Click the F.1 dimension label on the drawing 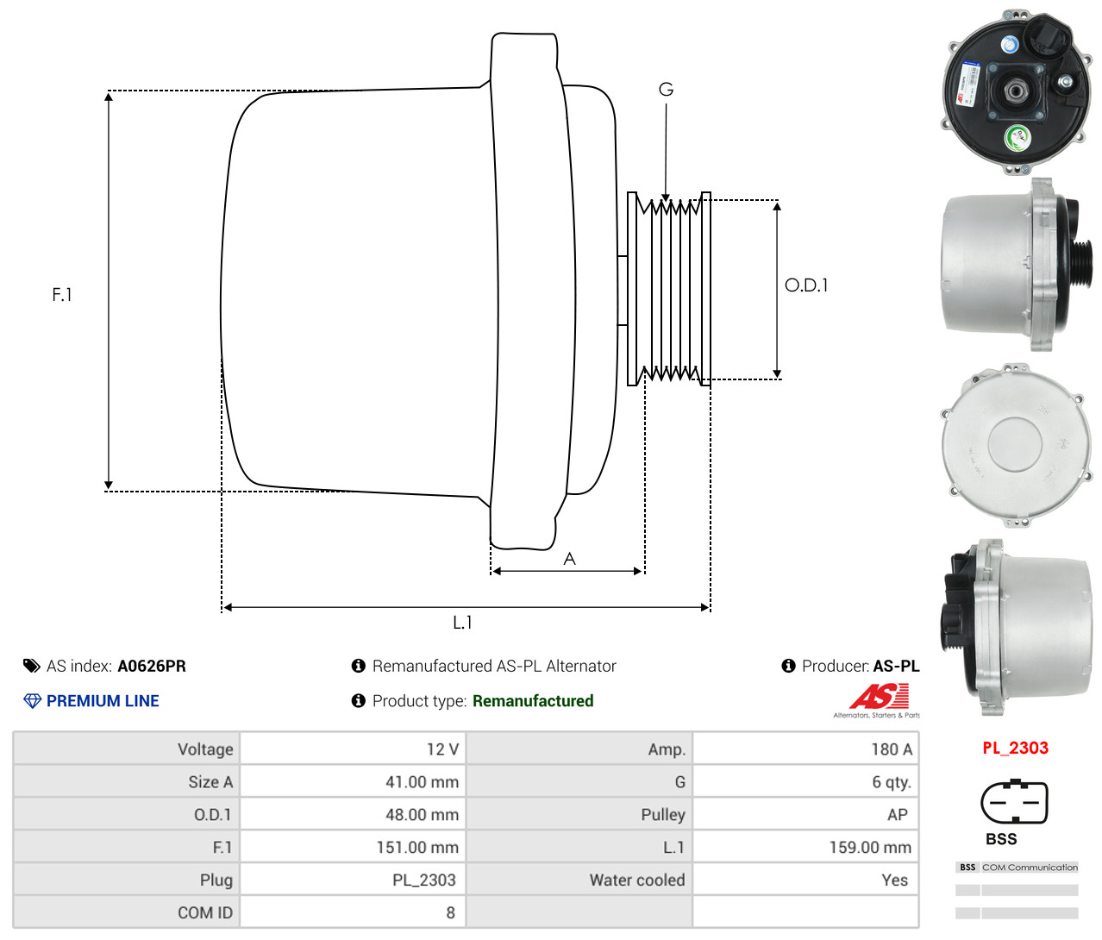[x=62, y=294]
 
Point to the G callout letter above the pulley [x=666, y=89]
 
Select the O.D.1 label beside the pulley [x=806, y=285]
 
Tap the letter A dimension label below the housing [x=569, y=559]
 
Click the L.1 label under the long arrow [x=462, y=623]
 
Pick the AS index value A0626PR [x=152, y=666]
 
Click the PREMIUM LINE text [x=103, y=700]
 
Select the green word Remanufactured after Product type [x=533, y=700]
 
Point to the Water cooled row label [x=637, y=880]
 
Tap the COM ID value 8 [x=450, y=912]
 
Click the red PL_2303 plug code [x=1016, y=748]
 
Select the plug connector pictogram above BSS [x=1015, y=802]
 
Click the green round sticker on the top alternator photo [x=1017, y=138]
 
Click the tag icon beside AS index [x=31, y=666]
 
